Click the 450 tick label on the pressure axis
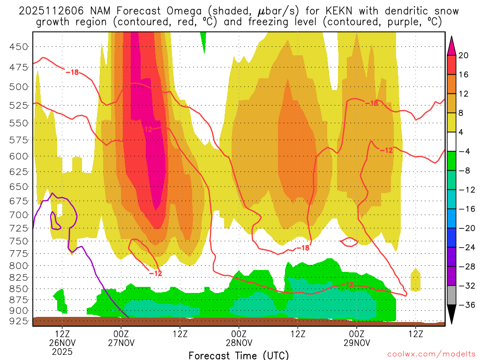click(19, 46)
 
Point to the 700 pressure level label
click(19, 215)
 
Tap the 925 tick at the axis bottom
click(19, 322)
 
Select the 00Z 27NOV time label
click(121, 334)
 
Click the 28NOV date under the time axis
click(239, 343)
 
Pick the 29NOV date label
click(357, 343)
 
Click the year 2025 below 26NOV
click(63, 351)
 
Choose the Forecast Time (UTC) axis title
click(239, 355)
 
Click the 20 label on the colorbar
click(464, 55)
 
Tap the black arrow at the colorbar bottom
click(452, 315)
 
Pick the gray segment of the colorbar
click(452, 295)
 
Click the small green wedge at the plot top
click(203, 40)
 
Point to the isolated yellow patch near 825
click(415, 280)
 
